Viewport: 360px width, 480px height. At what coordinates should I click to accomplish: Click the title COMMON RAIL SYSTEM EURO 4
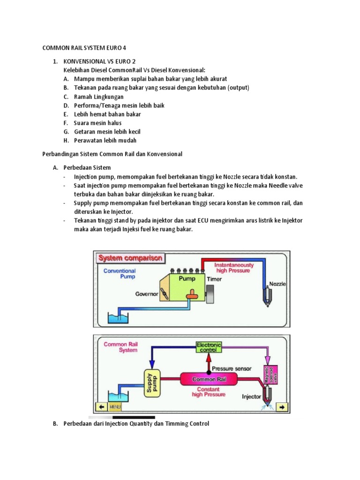(84, 48)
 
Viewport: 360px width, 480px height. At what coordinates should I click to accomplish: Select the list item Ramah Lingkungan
(98, 97)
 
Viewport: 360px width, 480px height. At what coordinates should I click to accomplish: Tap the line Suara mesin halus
(97, 123)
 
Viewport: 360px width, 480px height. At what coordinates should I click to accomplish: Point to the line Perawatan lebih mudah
(105, 140)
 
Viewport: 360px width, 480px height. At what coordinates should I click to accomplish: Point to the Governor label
(147, 294)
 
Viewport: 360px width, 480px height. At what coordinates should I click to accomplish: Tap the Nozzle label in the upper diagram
(277, 284)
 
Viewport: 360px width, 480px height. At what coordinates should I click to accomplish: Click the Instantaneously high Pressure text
(234, 268)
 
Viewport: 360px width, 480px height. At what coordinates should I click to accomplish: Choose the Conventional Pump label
(120, 274)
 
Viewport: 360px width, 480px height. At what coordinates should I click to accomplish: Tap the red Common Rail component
(213, 379)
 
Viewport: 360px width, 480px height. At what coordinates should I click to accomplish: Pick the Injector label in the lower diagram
(251, 397)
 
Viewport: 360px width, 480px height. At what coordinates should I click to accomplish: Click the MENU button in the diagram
(115, 407)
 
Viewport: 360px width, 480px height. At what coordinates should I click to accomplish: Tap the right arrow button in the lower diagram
(282, 406)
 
